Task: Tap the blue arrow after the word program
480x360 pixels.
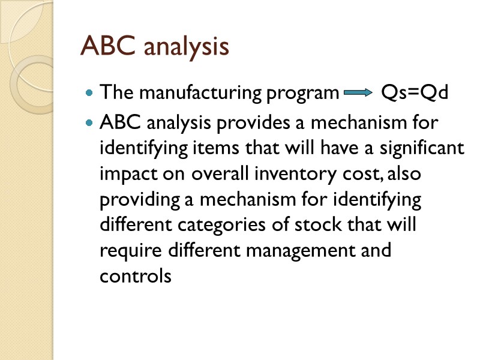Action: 359,94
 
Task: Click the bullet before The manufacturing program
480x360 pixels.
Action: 89,94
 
